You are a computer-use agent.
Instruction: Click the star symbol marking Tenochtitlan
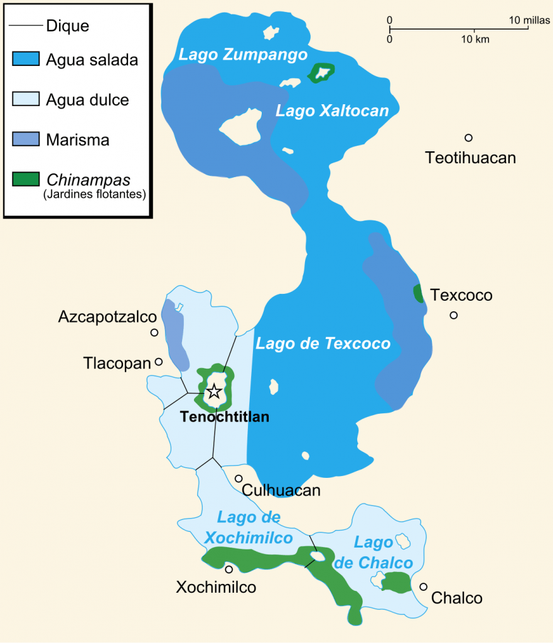214,391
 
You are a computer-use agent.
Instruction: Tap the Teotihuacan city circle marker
468,138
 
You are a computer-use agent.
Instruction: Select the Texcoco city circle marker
453,315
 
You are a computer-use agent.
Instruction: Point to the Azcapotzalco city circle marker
154,333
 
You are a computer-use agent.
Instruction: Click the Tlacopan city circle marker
159,362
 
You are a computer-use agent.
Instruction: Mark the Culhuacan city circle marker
239,478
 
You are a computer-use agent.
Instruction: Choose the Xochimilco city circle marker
228,570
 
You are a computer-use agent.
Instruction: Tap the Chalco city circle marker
424,586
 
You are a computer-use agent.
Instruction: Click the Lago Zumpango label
243,55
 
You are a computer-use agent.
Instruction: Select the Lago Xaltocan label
332,111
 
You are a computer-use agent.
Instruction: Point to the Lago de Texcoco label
323,343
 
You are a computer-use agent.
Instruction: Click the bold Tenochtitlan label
224,416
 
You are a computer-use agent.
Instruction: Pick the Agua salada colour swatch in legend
26,60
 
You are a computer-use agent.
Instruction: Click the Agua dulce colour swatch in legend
26,99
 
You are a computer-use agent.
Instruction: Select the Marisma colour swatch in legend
26,139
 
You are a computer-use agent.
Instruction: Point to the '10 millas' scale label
529,21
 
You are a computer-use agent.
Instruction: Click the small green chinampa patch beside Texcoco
417,293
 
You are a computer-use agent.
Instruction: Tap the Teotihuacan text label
470,158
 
